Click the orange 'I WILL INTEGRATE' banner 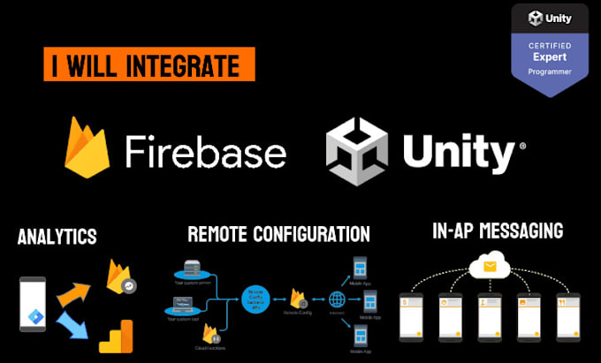pyautogui.click(x=149, y=65)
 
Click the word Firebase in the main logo pyautogui.click(x=205, y=152)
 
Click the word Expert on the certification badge pyautogui.click(x=549, y=55)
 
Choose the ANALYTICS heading pyautogui.click(x=57, y=237)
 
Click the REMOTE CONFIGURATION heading pyautogui.click(x=278, y=234)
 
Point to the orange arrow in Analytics pyautogui.click(x=75, y=294)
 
